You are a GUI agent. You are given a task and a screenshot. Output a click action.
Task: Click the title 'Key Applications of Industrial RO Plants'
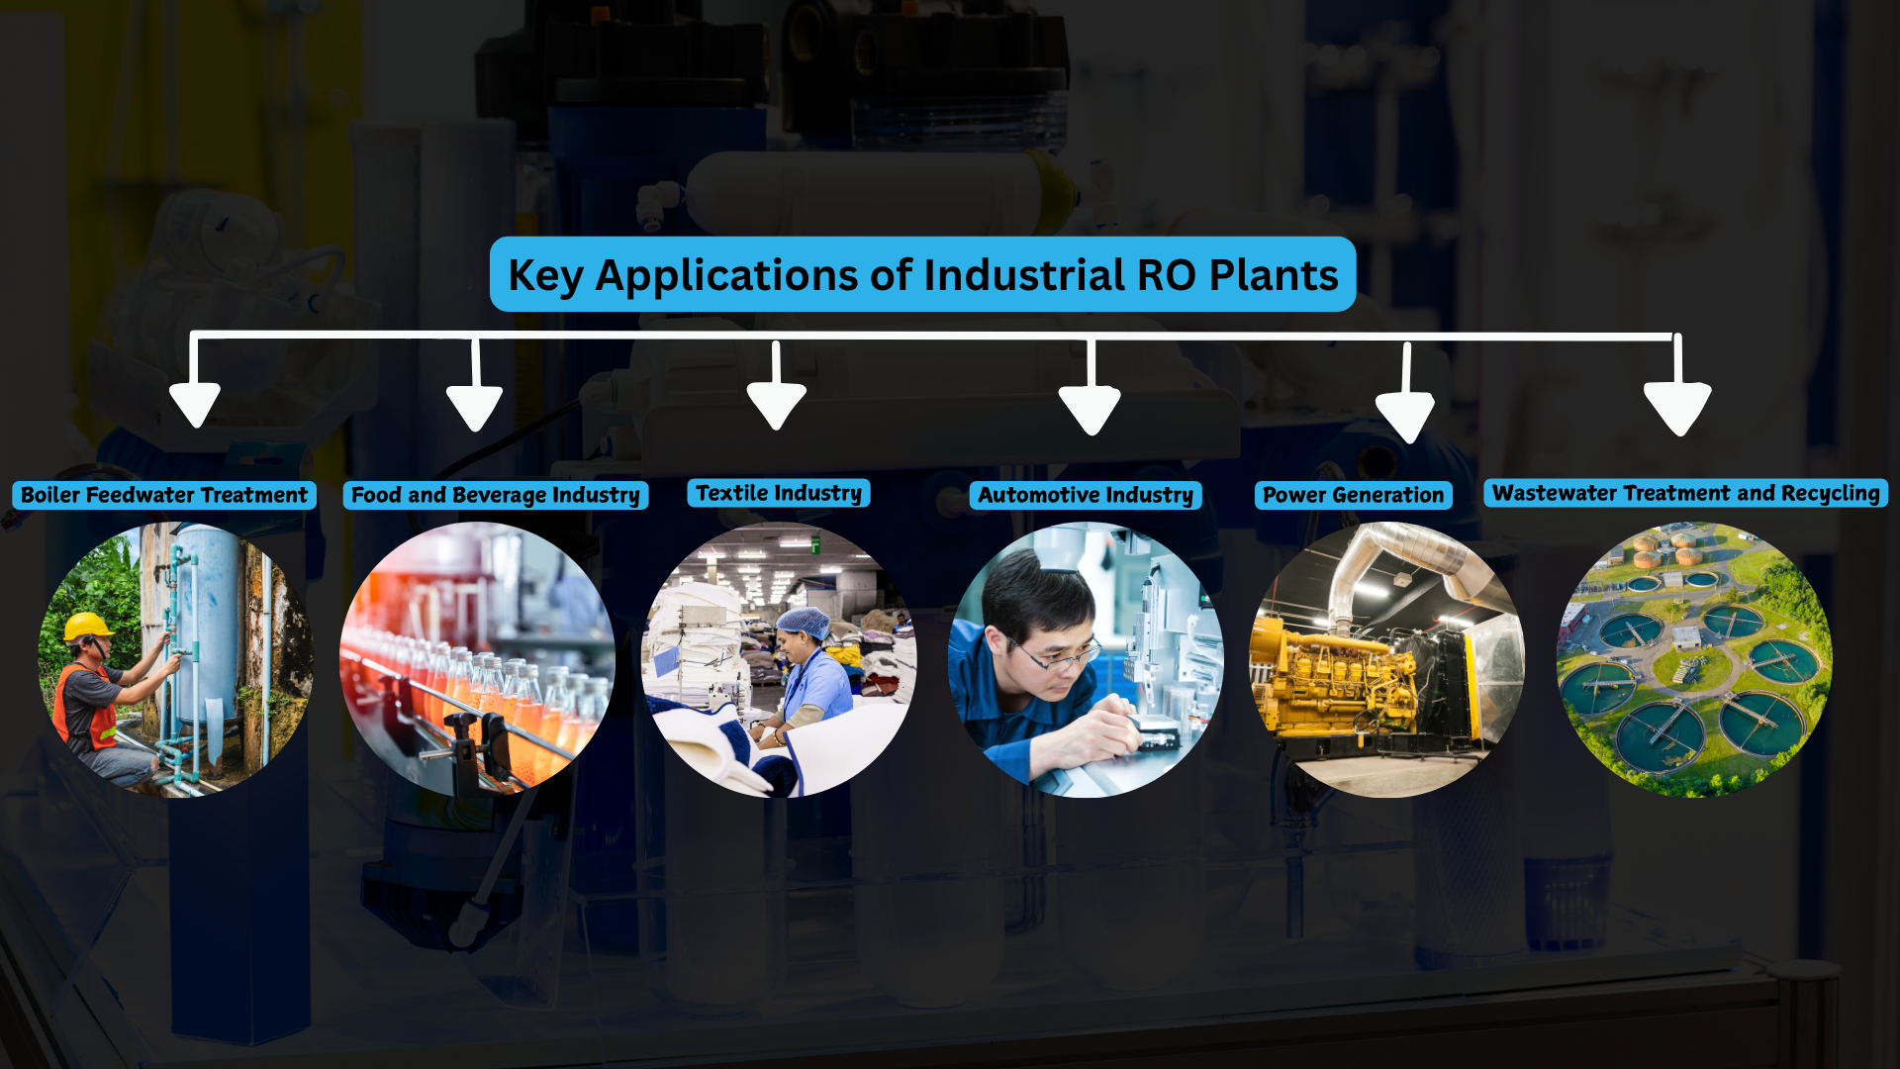point(922,274)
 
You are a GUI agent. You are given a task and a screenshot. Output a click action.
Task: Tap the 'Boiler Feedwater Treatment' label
point(164,495)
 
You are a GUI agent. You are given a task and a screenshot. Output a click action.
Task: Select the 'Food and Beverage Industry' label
point(496,495)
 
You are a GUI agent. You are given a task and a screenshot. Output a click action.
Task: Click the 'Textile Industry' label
point(779,493)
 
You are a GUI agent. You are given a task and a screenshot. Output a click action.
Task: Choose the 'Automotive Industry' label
point(1086,495)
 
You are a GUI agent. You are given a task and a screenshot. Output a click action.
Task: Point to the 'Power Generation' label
point(1353,495)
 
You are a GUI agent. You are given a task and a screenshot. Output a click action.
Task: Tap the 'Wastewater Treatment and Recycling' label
point(1685,493)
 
